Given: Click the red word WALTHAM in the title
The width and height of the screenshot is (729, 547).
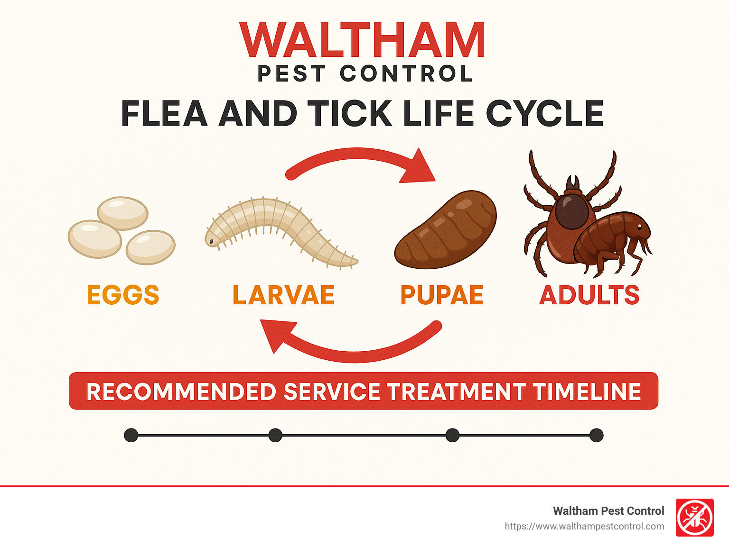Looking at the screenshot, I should (363, 41).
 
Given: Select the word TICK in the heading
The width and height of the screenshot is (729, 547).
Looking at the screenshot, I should (350, 114).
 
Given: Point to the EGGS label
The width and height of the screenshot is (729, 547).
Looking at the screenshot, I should (123, 295).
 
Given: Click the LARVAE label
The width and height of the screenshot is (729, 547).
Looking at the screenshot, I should (283, 295).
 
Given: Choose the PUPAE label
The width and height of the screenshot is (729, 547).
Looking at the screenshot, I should (442, 295).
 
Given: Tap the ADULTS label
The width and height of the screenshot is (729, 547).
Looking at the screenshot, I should (589, 295).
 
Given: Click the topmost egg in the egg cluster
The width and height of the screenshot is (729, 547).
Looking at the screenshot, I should (123, 213).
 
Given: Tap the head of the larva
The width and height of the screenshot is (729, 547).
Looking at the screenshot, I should (212, 241).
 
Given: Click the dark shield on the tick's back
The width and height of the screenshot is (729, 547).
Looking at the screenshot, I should (572, 211).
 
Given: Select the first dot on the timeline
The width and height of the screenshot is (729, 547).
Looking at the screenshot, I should (131, 435).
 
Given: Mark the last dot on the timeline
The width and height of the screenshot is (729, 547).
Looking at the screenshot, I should (596, 435).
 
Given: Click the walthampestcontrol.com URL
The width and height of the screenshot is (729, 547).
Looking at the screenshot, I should (584, 527).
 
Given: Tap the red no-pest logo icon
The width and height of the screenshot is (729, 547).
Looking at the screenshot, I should (694, 518).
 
